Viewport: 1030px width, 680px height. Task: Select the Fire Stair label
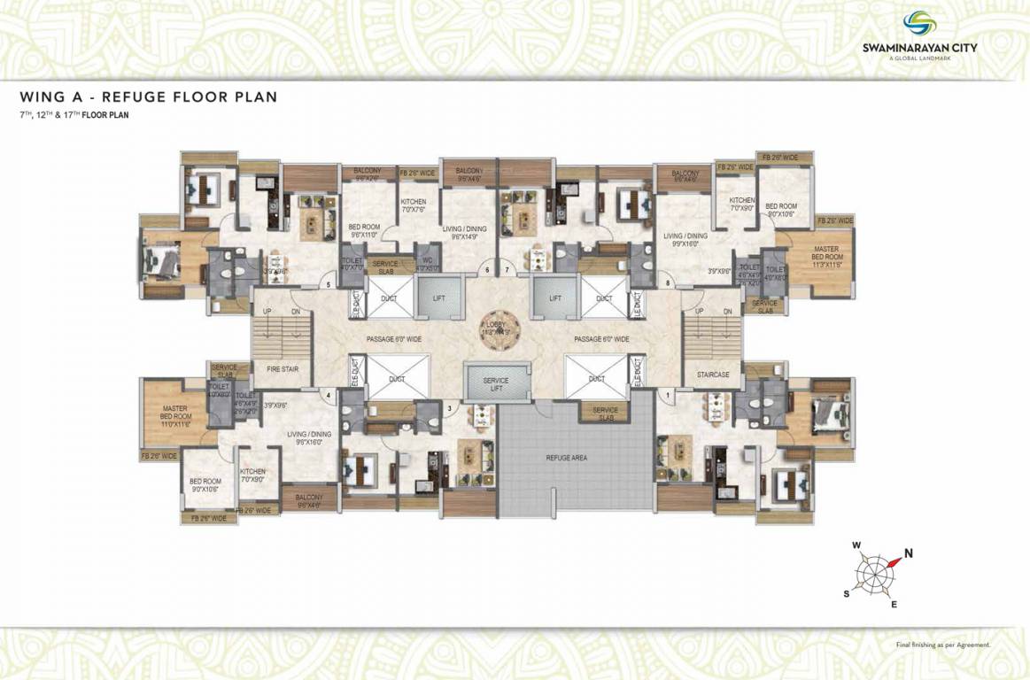[282, 368]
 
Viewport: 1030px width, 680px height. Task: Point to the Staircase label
[712, 375]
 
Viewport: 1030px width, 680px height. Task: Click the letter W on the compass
[856, 545]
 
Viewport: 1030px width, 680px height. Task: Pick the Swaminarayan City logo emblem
[918, 24]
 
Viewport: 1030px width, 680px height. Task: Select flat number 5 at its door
[329, 284]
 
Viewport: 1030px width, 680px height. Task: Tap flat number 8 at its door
[667, 283]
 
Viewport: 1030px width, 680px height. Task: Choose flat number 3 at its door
[450, 408]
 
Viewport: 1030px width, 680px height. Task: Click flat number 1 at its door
[667, 393]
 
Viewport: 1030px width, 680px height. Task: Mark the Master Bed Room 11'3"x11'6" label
[825, 256]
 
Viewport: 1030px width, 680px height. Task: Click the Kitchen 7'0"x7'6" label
[413, 206]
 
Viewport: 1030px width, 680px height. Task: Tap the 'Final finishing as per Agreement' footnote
[943, 645]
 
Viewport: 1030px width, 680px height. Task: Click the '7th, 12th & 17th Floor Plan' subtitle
[74, 115]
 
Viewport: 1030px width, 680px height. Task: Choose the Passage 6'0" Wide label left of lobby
[394, 339]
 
